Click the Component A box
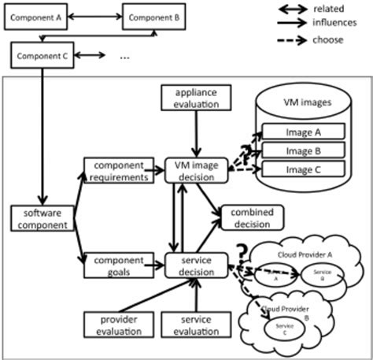pos(34,17)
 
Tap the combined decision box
pos(252,217)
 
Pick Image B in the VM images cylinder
pos(305,150)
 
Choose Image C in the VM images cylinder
pos(305,169)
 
